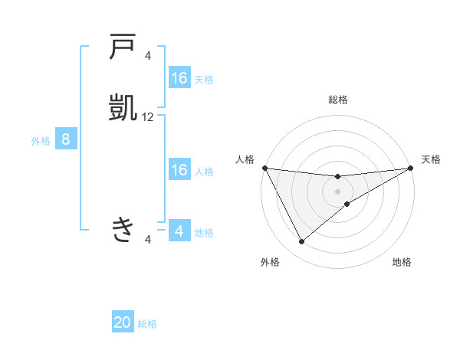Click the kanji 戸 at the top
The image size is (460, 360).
pos(123,47)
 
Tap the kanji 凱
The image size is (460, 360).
pos(123,107)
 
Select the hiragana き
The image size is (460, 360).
pos(123,228)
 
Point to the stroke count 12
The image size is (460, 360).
pos(148,117)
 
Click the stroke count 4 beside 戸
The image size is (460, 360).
pos(148,55)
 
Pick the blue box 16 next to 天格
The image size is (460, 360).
pos(179,78)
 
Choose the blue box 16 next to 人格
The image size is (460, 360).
pos(179,170)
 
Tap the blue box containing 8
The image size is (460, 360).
pos(66,139)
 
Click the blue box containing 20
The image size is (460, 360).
pos(123,322)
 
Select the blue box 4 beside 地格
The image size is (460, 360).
pos(179,231)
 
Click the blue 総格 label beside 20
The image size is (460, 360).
pos(147,324)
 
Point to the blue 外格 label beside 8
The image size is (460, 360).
pos(41,141)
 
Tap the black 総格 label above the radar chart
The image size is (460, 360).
pos(338,100)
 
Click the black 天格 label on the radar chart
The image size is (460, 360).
pos(431,159)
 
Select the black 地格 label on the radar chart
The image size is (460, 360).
pos(402,262)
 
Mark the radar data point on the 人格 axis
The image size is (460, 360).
pos(264,168)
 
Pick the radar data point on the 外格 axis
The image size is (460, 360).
pos(301,242)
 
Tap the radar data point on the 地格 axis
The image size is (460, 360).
pos(347,204)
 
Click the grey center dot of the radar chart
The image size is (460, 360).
pos(338,191)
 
